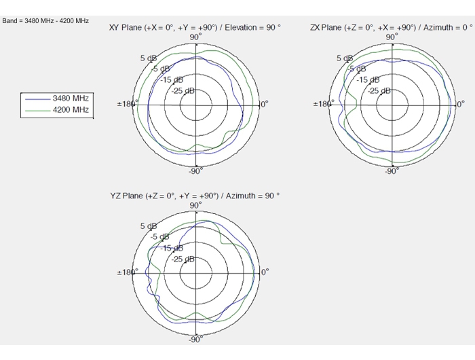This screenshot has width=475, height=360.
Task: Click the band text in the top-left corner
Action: (x=45, y=21)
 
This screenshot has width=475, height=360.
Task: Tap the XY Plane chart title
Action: (x=195, y=28)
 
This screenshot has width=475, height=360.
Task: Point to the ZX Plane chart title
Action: (x=392, y=28)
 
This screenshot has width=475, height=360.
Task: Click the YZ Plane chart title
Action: (x=195, y=196)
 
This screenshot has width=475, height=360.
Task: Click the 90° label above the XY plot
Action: (x=195, y=37)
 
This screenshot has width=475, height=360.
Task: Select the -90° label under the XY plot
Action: (x=195, y=171)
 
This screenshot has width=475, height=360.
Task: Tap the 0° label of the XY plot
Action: (x=265, y=105)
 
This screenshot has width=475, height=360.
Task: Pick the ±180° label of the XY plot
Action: (x=128, y=104)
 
